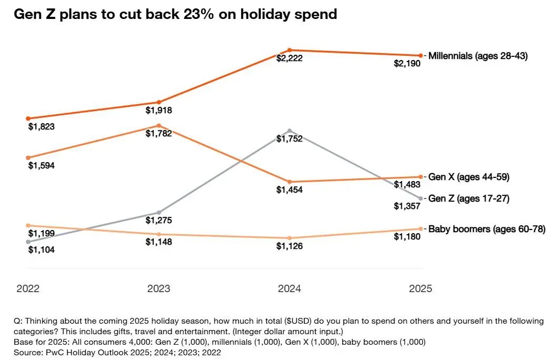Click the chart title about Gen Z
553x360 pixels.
(x=175, y=14)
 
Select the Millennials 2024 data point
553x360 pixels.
(x=289, y=50)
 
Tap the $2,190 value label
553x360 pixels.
(x=407, y=64)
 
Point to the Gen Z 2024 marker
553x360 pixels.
(x=289, y=130)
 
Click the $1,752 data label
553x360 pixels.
(x=289, y=138)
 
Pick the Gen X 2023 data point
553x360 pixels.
(x=159, y=126)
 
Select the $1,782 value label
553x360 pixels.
(x=159, y=134)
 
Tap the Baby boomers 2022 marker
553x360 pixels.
(x=28, y=225)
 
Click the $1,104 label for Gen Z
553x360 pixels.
(x=41, y=250)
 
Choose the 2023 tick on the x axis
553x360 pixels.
(x=159, y=288)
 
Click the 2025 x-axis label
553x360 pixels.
(x=420, y=288)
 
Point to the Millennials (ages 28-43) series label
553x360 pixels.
(x=478, y=56)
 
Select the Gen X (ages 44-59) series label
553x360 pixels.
(x=469, y=177)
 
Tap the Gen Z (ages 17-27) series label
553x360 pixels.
(x=469, y=198)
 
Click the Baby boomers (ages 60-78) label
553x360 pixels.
(x=486, y=229)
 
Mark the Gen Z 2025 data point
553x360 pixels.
(x=420, y=198)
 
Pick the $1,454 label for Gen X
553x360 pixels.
(x=289, y=190)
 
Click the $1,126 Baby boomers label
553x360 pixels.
(x=289, y=246)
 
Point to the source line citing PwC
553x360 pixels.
(x=117, y=352)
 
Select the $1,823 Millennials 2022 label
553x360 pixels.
(x=41, y=127)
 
